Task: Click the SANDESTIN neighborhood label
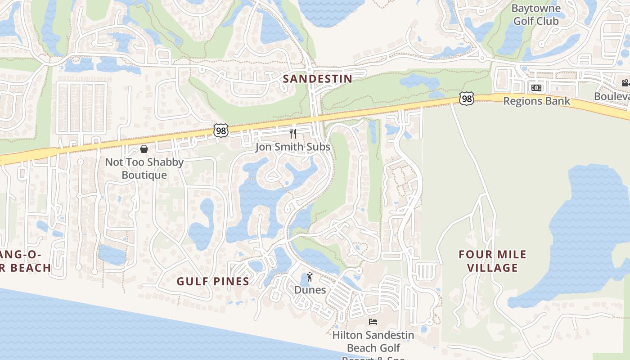[x=317, y=79]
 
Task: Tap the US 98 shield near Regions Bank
[x=467, y=99]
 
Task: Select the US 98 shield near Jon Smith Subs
[x=221, y=131]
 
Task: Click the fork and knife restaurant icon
[x=293, y=133]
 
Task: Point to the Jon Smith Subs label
[x=292, y=147]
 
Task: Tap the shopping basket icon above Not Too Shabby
[x=144, y=149]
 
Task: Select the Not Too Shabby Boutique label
[x=144, y=168]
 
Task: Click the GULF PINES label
[x=213, y=281]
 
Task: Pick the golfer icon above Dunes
[x=310, y=277]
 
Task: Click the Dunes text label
[x=310, y=290]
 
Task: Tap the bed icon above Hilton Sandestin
[x=373, y=321]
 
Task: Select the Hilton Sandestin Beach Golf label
[x=373, y=342]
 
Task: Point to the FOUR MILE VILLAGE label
[x=492, y=261]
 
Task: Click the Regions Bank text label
[x=536, y=101]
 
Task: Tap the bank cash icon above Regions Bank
[x=536, y=88]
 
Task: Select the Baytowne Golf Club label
[x=536, y=14]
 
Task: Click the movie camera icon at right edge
[x=625, y=83]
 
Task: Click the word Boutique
[x=144, y=175]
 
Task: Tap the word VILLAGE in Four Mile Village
[x=492, y=268]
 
